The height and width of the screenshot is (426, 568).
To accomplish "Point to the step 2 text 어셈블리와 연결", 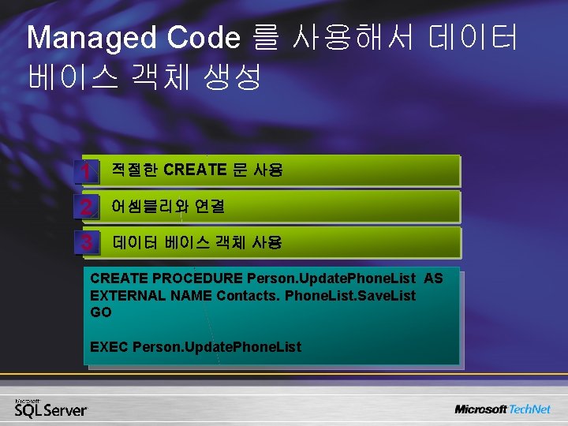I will click(168, 207).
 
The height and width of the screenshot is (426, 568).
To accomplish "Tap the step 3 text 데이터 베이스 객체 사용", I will click(197, 242).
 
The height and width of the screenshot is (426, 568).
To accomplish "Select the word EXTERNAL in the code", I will click(128, 295).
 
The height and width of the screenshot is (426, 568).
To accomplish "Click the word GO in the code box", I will click(101, 312).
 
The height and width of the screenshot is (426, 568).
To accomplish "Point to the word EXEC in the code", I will click(110, 346).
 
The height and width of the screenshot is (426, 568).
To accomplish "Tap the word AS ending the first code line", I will click(433, 278).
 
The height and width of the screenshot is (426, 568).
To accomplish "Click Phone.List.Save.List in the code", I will click(349, 295).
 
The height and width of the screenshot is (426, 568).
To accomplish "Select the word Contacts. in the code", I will click(248, 295).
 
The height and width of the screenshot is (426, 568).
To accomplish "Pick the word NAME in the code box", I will click(191, 295).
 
